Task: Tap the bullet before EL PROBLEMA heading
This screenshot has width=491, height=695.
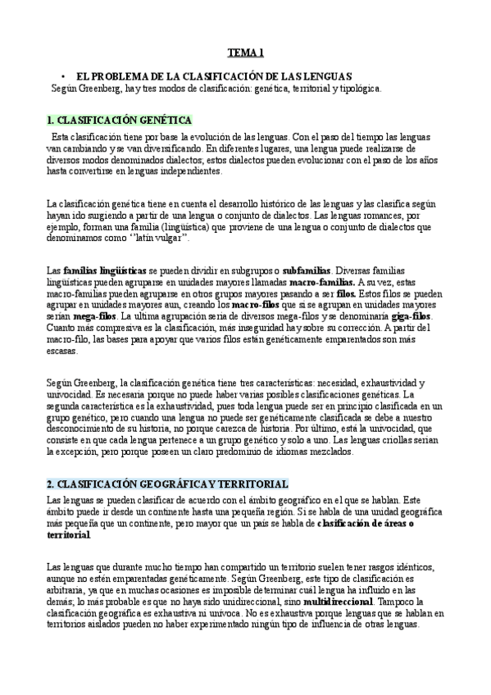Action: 63,75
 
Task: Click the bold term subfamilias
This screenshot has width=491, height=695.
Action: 305,269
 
